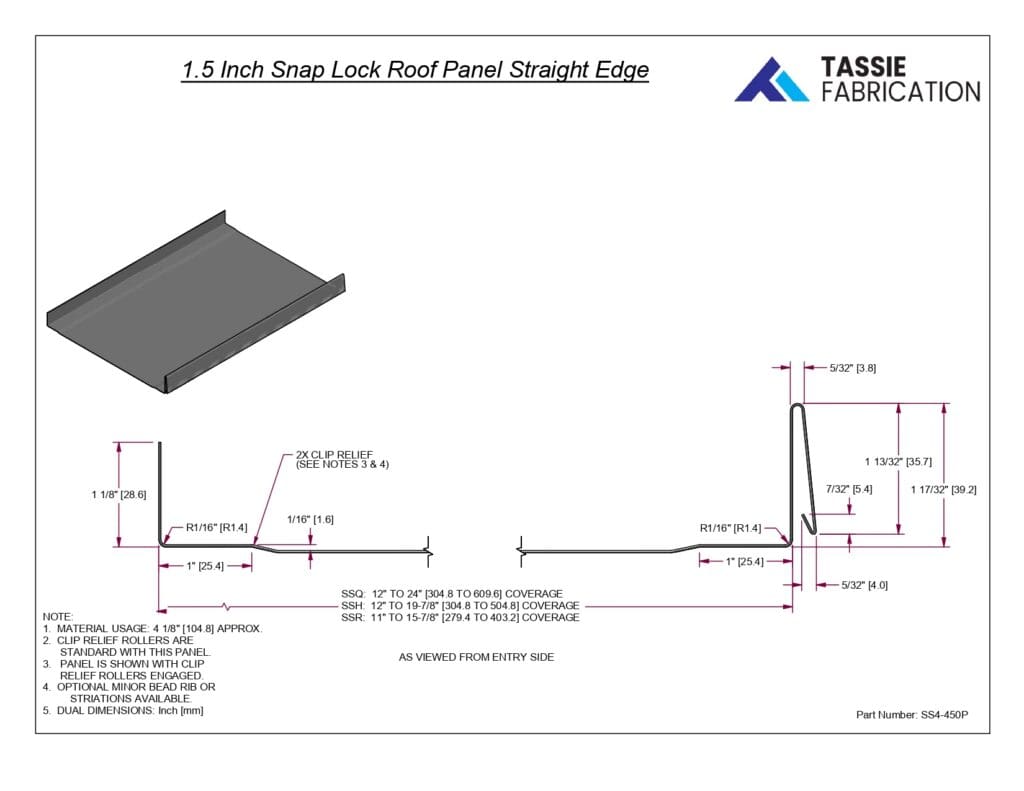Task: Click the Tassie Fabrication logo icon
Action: click(771, 79)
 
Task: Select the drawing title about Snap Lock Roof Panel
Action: click(415, 71)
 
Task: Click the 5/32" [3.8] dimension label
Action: click(853, 368)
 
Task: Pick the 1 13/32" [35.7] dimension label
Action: click(898, 461)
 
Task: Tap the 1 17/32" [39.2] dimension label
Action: click(944, 489)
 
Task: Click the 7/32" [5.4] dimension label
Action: click(849, 489)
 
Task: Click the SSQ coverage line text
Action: click(452, 594)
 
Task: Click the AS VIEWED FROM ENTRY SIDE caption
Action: click(476, 657)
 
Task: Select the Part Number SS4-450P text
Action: click(912, 715)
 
